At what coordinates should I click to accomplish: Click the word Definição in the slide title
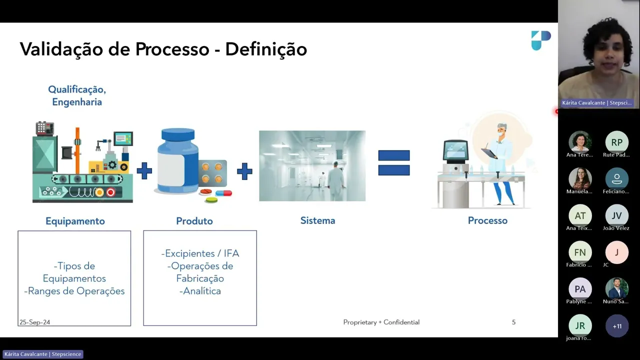pyautogui.click(x=266, y=49)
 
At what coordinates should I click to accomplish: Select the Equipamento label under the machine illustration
pyautogui.click(x=75, y=221)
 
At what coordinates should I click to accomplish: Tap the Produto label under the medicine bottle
pyautogui.click(x=194, y=221)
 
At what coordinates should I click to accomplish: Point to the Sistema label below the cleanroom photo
pyautogui.click(x=317, y=220)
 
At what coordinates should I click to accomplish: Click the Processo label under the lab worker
pyautogui.click(x=487, y=220)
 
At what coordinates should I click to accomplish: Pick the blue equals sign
pyautogui.click(x=394, y=163)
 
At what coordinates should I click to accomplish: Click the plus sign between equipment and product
pyautogui.click(x=144, y=171)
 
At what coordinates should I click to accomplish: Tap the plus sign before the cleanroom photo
pyautogui.click(x=244, y=171)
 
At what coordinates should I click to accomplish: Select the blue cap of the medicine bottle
pyautogui.click(x=178, y=135)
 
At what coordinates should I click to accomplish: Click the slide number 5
pyautogui.click(x=513, y=322)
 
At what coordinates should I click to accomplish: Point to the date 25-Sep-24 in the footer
pyautogui.click(x=34, y=322)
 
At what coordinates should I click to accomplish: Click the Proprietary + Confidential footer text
pyautogui.click(x=381, y=322)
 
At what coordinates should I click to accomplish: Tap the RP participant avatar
pyautogui.click(x=616, y=142)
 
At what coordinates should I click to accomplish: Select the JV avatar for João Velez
pyautogui.click(x=616, y=215)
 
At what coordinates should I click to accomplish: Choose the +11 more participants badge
pyautogui.click(x=617, y=326)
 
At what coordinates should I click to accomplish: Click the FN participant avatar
pyautogui.click(x=580, y=252)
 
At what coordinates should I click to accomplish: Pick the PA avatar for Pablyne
pyautogui.click(x=580, y=289)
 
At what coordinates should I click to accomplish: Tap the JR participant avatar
pyautogui.click(x=580, y=326)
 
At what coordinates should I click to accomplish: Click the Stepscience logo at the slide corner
pyautogui.click(x=540, y=40)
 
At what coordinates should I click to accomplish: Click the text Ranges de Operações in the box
pyautogui.click(x=76, y=291)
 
